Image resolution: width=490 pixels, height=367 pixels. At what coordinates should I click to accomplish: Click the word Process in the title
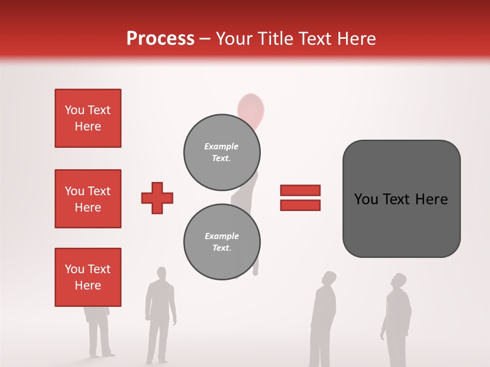pyautogui.click(x=160, y=39)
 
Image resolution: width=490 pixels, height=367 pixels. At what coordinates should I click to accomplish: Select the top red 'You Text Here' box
pyautogui.click(x=88, y=118)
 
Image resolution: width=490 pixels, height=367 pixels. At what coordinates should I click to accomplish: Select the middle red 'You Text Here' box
pyautogui.click(x=88, y=199)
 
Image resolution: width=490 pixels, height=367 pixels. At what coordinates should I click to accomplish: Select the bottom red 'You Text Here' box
pyautogui.click(x=88, y=277)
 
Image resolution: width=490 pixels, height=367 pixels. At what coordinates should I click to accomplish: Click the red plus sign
pyautogui.click(x=157, y=198)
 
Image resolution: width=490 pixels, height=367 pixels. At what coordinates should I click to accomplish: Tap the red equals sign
pyautogui.click(x=300, y=198)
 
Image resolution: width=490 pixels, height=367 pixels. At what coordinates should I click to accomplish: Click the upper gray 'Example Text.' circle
pyautogui.click(x=222, y=152)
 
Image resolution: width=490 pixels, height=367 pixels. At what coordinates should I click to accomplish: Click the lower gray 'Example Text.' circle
pyautogui.click(x=222, y=242)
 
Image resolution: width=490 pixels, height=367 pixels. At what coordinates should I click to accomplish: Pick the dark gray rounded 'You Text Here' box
pyautogui.click(x=401, y=199)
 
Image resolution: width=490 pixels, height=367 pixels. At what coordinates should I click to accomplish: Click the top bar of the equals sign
pyautogui.click(x=300, y=191)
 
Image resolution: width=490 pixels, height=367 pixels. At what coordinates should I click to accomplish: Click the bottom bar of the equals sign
pyautogui.click(x=300, y=205)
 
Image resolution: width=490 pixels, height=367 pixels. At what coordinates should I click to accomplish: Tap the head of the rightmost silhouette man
pyautogui.click(x=399, y=281)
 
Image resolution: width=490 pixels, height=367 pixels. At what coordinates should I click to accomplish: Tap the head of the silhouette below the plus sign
pyautogui.click(x=162, y=273)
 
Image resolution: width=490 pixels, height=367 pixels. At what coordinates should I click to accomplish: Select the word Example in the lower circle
pyautogui.click(x=222, y=236)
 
